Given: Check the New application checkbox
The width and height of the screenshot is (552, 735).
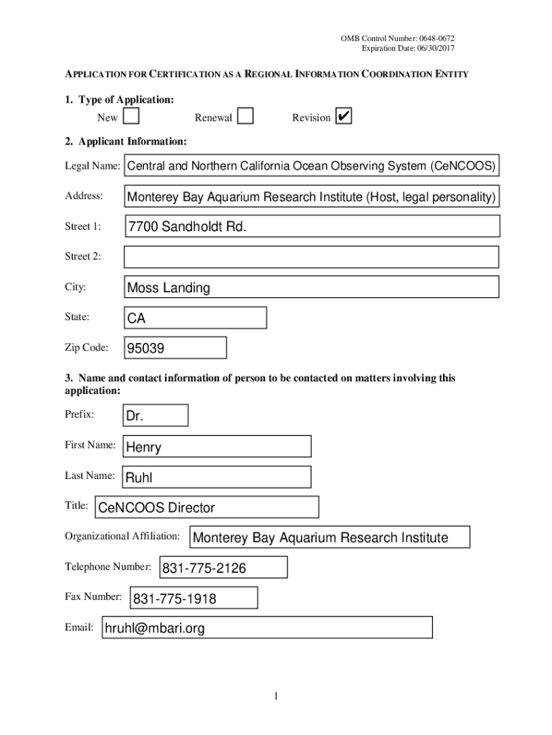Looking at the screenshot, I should (130, 116).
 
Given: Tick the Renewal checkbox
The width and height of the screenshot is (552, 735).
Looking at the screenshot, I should (245, 116).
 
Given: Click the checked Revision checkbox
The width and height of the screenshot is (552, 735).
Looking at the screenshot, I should (343, 116).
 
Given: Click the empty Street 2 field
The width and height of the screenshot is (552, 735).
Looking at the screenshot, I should (311, 257).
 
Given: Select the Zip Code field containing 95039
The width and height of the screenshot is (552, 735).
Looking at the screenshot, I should (175, 349).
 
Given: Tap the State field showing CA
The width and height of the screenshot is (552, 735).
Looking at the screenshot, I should (195, 317).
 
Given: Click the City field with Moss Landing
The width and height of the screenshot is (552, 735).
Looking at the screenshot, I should (311, 288).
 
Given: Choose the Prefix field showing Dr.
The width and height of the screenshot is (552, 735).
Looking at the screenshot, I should (156, 416).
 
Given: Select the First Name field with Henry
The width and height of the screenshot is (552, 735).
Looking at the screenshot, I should (217, 446).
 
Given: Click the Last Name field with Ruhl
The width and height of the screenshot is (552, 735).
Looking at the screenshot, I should (217, 477).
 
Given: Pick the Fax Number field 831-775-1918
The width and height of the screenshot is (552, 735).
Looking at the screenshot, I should (194, 598).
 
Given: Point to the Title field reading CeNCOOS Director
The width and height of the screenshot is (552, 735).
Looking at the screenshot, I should (206, 507).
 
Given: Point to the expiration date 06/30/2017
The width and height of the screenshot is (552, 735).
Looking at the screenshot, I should (429, 48).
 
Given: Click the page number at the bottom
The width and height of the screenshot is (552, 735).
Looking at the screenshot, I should (276, 696).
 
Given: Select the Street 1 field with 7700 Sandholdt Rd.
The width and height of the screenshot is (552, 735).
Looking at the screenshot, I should (311, 227).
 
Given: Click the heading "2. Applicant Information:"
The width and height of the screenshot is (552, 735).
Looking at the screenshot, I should (126, 141).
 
